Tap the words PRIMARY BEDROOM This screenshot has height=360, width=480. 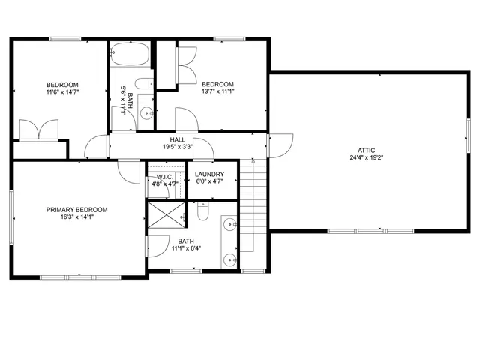(x=76, y=210)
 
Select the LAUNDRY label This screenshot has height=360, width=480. (x=210, y=174)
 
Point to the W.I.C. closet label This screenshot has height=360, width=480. (x=165, y=175)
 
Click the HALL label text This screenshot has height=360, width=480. (x=178, y=139)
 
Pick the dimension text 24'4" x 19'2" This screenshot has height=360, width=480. (x=366, y=158)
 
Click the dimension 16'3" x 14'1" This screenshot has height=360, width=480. (x=76, y=218)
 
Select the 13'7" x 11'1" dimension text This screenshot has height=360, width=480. (x=217, y=91)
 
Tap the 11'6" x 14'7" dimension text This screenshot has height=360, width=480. (x=63, y=92)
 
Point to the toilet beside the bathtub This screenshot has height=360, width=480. (x=145, y=84)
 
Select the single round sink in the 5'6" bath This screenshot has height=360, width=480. (x=147, y=113)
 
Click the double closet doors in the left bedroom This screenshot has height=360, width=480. (x=38, y=129)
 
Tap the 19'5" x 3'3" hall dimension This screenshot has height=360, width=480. (x=178, y=148)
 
